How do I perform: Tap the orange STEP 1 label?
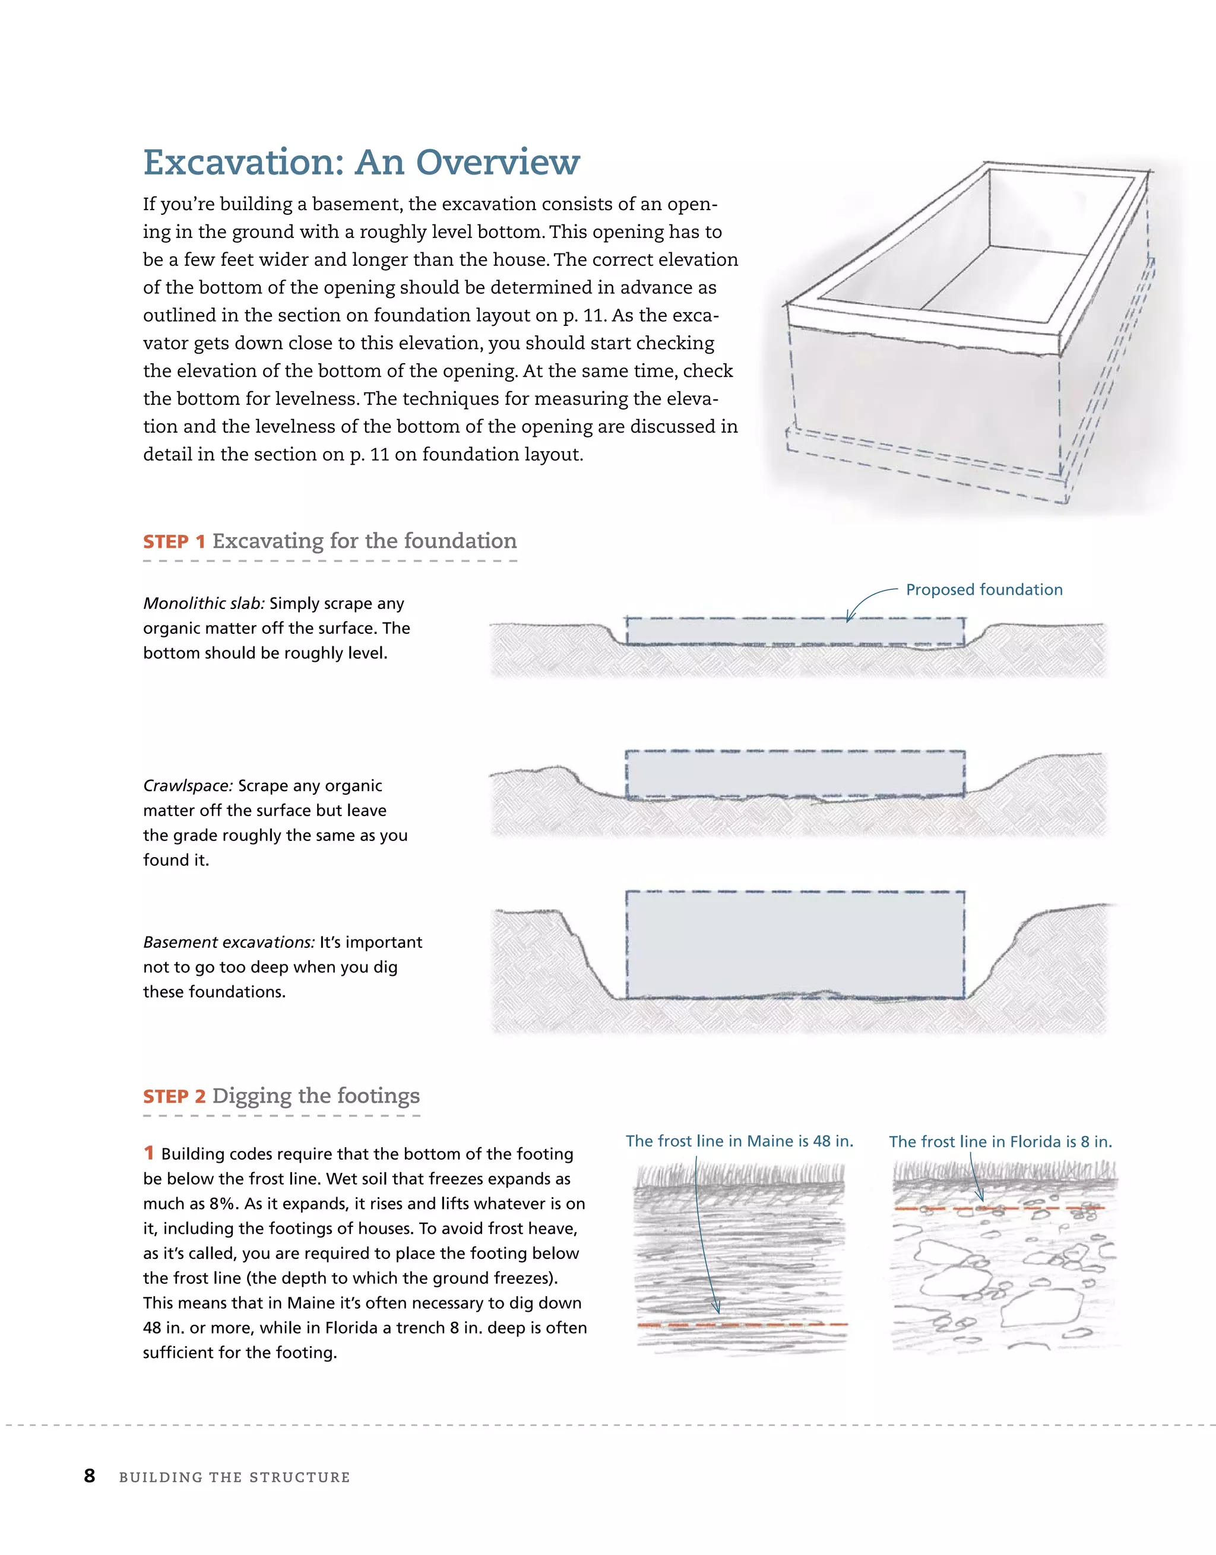click(174, 542)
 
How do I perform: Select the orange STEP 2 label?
click(174, 1096)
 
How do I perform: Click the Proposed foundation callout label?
click(984, 589)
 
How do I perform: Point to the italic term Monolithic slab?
click(204, 604)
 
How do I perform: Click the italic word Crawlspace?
click(188, 786)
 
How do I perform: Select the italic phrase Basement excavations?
click(229, 942)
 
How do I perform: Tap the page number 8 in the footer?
click(90, 1476)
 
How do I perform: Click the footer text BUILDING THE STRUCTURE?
click(235, 1477)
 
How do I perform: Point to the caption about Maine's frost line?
click(739, 1141)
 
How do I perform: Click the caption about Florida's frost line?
click(1000, 1142)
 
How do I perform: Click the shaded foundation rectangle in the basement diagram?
click(795, 944)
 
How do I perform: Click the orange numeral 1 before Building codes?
click(148, 1153)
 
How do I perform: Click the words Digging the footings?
click(315, 1096)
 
